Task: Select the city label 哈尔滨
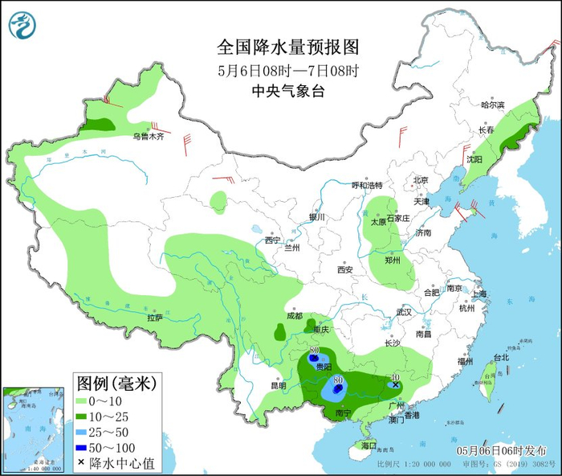tap(492, 105)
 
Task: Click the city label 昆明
tap(278, 385)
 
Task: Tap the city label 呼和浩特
tap(368, 185)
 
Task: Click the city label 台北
tap(500, 358)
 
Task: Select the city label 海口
tap(369, 445)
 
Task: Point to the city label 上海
tap(481, 293)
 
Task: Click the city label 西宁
tap(273, 240)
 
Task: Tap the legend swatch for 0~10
tap(82, 400)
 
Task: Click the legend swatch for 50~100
tap(82, 447)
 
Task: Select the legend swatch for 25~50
tap(82, 432)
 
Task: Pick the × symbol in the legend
tap(82, 463)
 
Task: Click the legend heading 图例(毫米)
tap(116, 380)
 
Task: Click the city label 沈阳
tap(474, 159)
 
